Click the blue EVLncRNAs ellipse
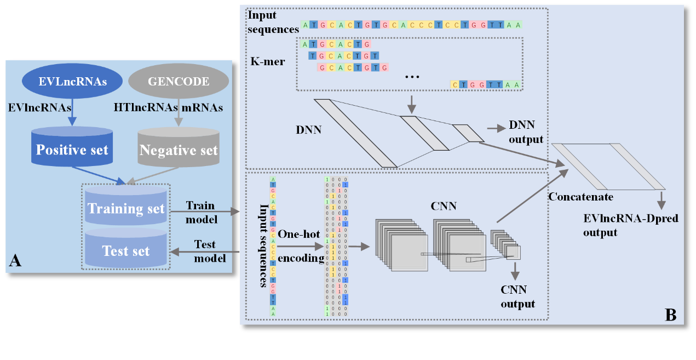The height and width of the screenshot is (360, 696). tap(73, 82)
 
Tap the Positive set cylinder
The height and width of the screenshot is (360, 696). tap(72, 147)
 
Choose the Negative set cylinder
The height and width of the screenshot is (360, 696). tap(179, 147)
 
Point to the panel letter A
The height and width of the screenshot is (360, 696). tap(15, 261)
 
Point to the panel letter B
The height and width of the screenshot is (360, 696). tap(670, 315)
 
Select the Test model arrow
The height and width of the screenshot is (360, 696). tap(206, 252)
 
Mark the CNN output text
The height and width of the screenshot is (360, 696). tap(517, 296)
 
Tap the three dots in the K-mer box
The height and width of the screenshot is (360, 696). tap(411, 77)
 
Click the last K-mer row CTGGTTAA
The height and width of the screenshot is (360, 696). tap(486, 84)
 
